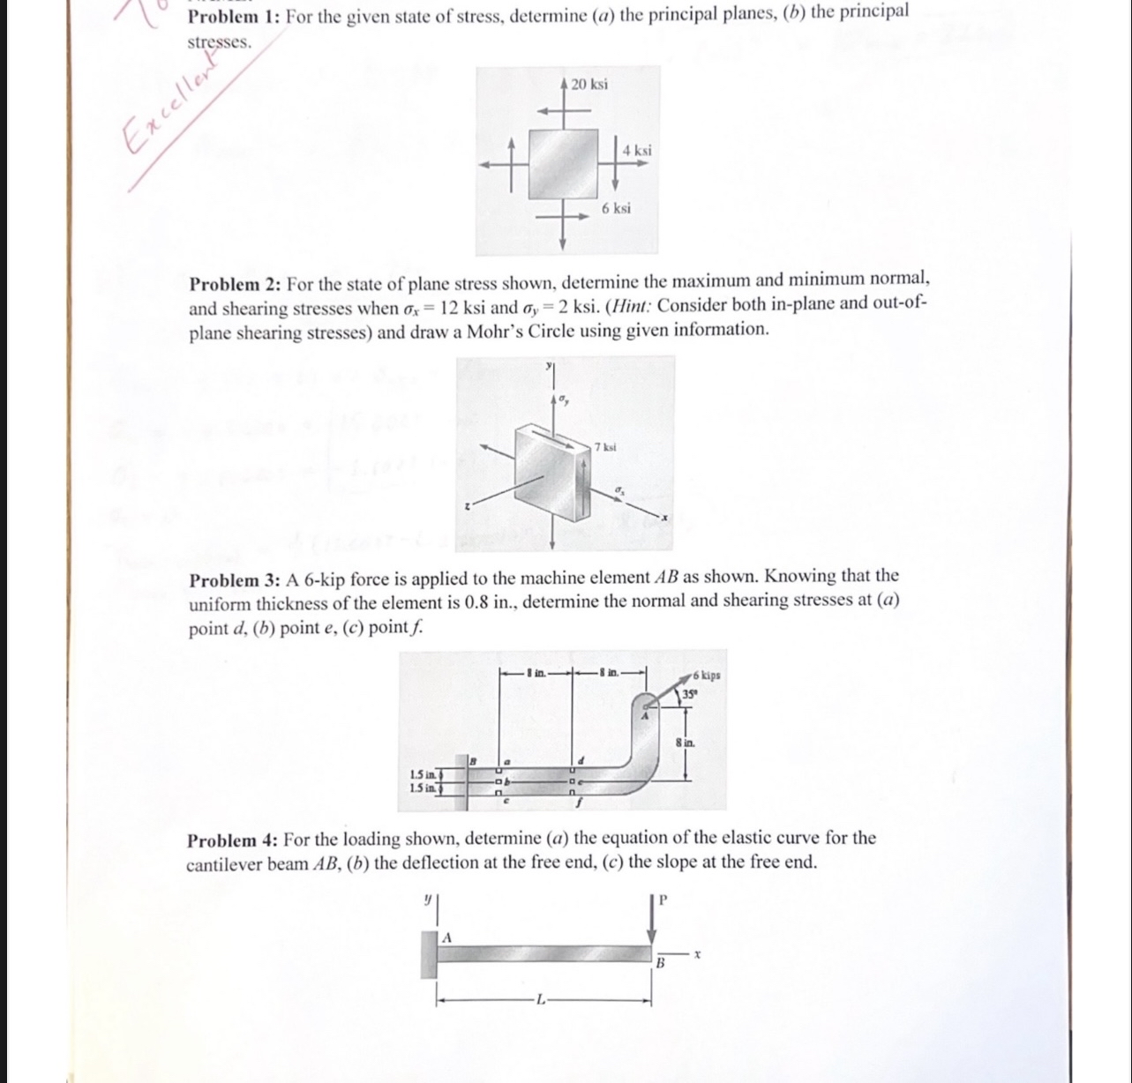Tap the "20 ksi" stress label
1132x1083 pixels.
[588, 85]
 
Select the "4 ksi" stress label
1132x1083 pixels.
[637, 150]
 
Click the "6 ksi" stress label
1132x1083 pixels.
[616, 208]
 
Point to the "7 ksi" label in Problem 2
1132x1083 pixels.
[605, 447]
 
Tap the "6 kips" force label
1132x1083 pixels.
[706, 675]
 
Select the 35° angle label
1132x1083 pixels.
[688, 694]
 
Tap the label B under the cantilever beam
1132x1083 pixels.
[658, 964]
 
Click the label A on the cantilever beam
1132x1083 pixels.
[446, 937]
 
